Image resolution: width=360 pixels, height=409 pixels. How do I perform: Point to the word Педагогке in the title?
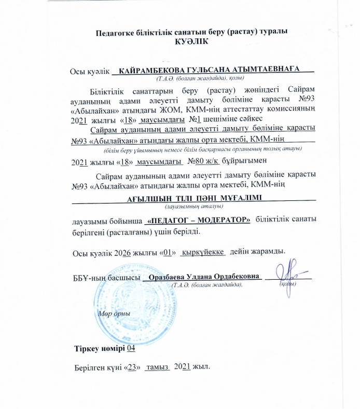point(115,32)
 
